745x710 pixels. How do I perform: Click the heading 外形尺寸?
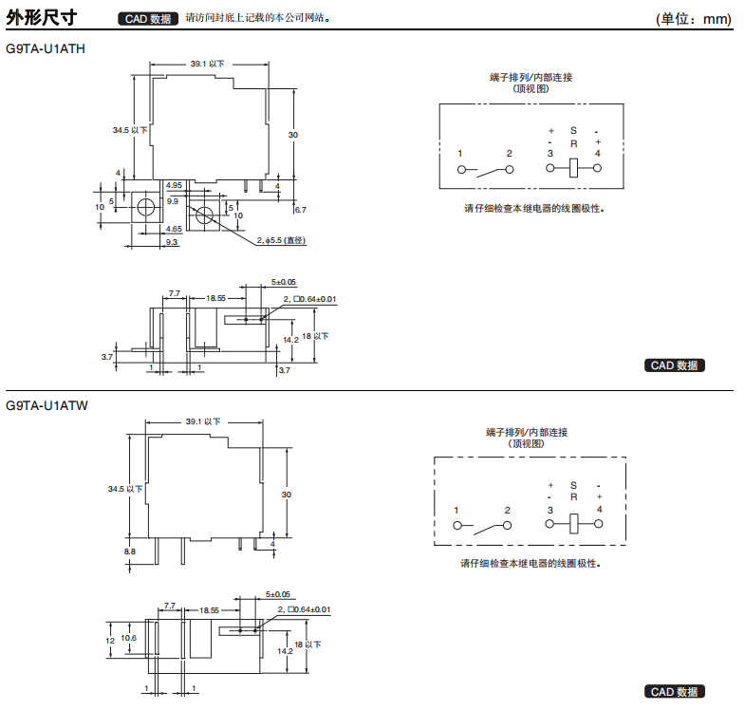(x=41, y=17)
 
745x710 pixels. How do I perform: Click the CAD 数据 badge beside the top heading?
(x=146, y=18)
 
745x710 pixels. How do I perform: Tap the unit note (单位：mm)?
(x=694, y=19)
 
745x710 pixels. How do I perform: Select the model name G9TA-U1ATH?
(x=46, y=49)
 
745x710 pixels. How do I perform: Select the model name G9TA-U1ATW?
(x=47, y=405)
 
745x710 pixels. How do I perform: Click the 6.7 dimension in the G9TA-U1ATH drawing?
(x=300, y=208)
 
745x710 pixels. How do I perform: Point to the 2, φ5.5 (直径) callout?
(x=282, y=241)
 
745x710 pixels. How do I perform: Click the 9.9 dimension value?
(x=172, y=201)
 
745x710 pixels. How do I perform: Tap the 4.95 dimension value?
(x=174, y=185)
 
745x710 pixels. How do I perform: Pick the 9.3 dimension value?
(x=171, y=243)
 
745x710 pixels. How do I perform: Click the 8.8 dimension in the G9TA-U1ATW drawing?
(x=129, y=551)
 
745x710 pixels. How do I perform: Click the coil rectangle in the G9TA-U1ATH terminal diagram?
(x=573, y=169)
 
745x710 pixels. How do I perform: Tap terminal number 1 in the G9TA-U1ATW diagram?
(x=456, y=511)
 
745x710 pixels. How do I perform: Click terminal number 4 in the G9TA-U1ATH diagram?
(x=597, y=154)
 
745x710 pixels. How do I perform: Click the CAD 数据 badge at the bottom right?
(x=675, y=692)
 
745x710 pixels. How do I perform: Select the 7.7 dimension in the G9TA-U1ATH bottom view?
(x=175, y=293)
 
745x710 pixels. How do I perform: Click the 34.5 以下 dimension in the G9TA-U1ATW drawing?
(x=125, y=489)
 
